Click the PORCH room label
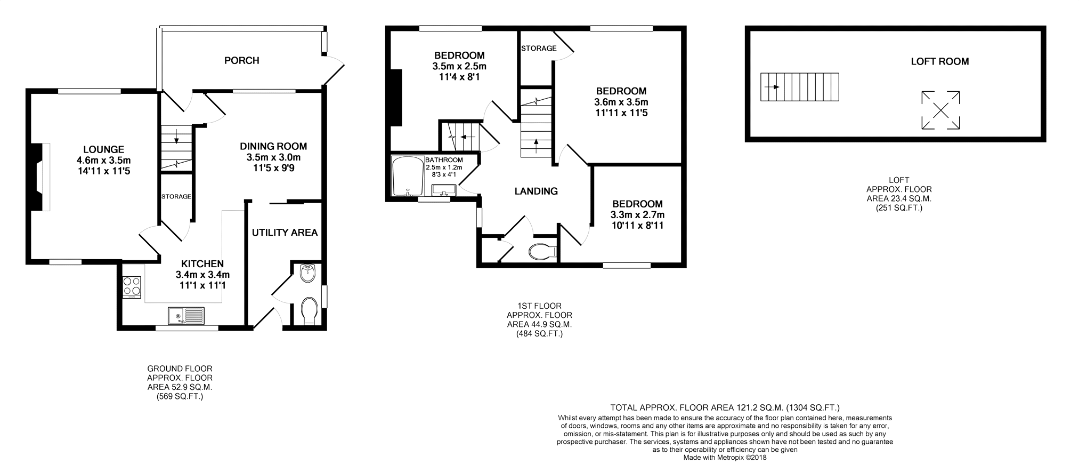(x=241, y=60)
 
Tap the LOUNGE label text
(x=103, y=150)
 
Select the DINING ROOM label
(x=273, y=146)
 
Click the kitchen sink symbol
(x=185, y=316)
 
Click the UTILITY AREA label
(x=285, y=233)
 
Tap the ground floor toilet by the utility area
(x=309, y=311)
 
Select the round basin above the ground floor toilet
(x=309, y=273)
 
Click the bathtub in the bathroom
(x=407, y=177)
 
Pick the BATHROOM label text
(x=444, y=160)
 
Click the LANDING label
(x=536, y=191)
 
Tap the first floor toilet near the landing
(x=543, y=251)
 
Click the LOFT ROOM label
(x=939, y=61)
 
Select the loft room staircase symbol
(x=799, y=87)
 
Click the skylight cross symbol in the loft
(x=940, y=110)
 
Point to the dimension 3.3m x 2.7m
(x=637, y=215)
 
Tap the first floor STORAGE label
(x=539, y=49)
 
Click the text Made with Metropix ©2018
(x=725, y=457)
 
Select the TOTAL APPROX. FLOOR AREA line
(x=725, y=408)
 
